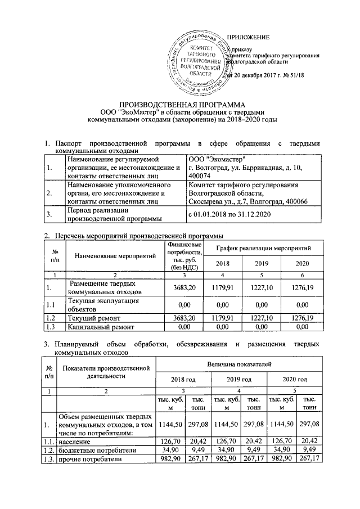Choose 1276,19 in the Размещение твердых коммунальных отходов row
coord(302,289)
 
